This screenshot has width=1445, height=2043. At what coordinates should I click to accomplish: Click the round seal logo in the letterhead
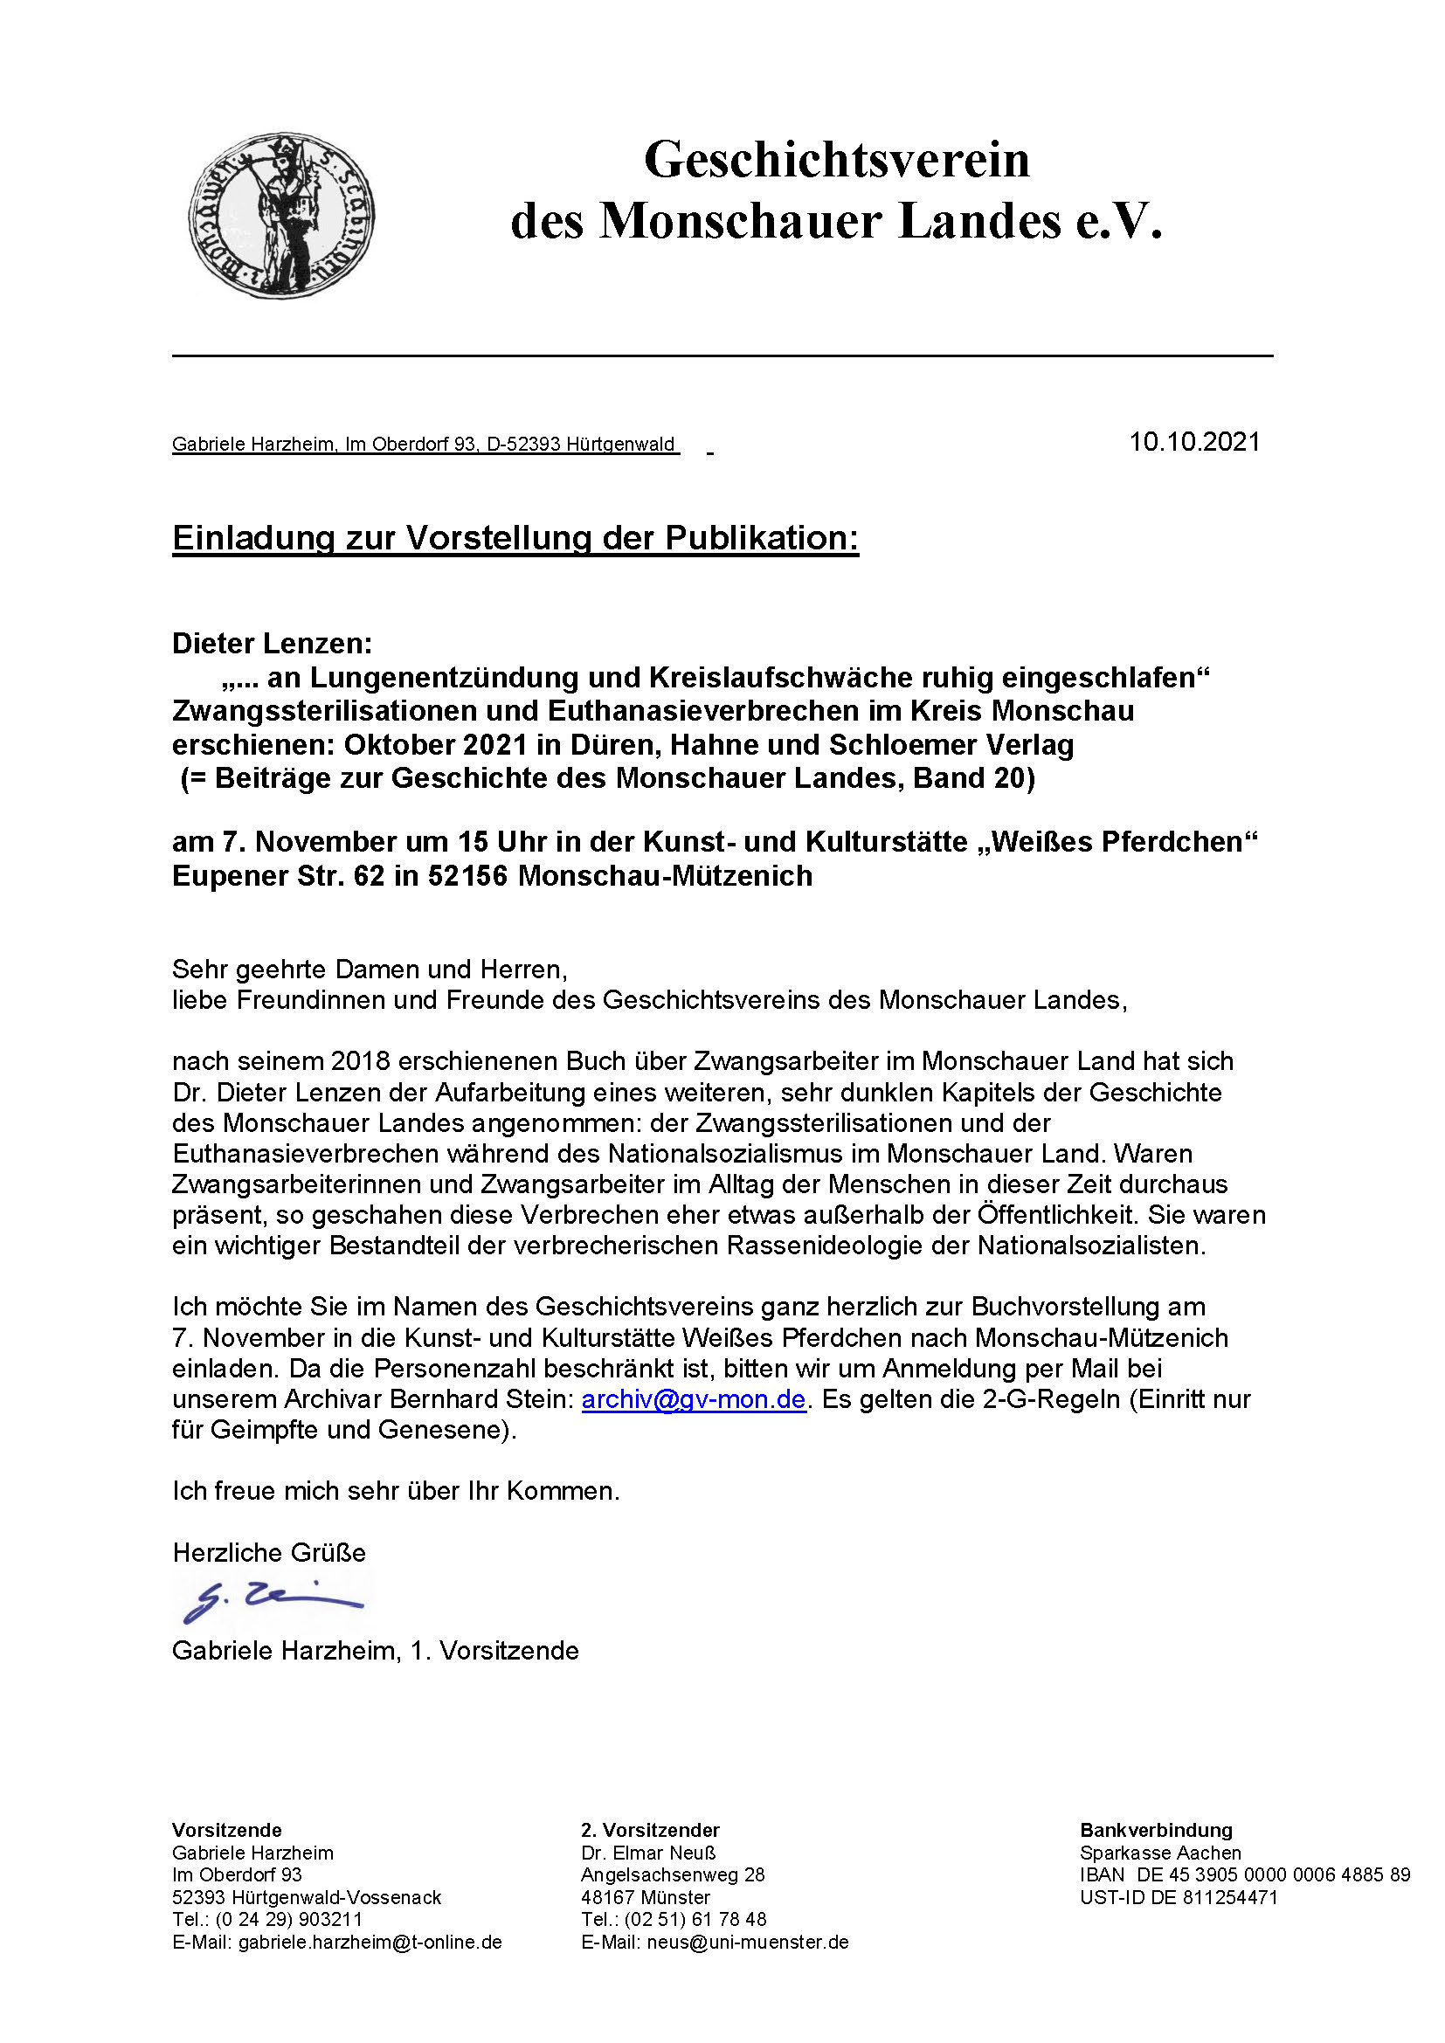(281, 217)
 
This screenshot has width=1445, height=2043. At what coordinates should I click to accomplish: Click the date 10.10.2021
(1194, 442)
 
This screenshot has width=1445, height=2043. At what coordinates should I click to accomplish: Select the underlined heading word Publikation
(749, 539)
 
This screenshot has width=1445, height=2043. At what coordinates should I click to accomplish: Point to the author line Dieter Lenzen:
(273, 644)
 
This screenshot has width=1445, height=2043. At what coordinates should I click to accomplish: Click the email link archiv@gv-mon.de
(693, 1399)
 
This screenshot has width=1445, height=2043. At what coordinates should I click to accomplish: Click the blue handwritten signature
(272, 1602)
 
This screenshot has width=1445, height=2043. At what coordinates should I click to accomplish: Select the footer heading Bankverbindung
(1156, 1831)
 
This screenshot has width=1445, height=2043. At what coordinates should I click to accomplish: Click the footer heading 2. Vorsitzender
(649, 1831)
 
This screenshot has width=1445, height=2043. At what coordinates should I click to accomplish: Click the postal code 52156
(467, 876)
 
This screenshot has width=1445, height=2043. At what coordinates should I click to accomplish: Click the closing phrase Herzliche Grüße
(269, 1553)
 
